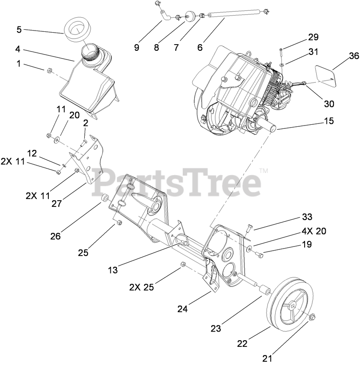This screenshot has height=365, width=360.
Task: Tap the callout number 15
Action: pos(329,121)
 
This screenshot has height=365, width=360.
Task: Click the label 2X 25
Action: pos(141,287)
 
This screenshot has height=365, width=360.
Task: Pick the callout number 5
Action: pos(19,29)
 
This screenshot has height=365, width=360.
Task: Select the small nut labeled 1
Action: pos(49,71)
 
